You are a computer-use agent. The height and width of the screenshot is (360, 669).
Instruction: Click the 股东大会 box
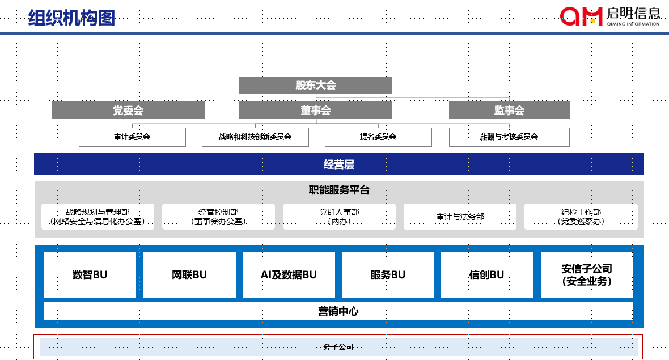pos(315,85)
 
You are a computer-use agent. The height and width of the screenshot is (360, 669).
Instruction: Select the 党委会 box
pos(128,111)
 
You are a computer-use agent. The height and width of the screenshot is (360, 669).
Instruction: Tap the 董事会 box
pos(315,111)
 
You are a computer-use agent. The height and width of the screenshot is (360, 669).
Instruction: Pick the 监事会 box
pos(509,111)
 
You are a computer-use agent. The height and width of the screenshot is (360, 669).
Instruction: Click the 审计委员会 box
pos(132,137)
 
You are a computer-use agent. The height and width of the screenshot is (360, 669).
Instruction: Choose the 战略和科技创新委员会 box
pos(255,137)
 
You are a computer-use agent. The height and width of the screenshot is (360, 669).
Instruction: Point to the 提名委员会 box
pos(378,137)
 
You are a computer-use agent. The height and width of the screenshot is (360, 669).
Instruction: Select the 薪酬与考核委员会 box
pos(509,137)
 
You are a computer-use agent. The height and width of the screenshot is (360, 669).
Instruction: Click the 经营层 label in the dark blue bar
pos(338,164)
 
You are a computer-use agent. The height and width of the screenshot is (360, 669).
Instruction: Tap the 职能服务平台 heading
pos(338,190)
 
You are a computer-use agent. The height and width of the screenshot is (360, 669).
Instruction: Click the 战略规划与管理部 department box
pos(98,217)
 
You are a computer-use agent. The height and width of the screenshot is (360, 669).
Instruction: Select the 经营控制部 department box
pos(218,217)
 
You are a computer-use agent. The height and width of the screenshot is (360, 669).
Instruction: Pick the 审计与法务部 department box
pos(460,217)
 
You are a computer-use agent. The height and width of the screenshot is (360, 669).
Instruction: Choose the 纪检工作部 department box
pos(581,217)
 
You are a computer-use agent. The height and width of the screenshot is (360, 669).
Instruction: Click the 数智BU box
pos(90,275)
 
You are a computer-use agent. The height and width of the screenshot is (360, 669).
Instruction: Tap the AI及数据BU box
pos(289,275)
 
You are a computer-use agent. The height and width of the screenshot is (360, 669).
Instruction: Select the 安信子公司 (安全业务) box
pos(586,275)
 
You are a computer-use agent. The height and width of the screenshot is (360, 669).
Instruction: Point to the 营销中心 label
pos(338,311)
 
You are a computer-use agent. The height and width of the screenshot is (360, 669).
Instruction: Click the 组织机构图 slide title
pos(71,18)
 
